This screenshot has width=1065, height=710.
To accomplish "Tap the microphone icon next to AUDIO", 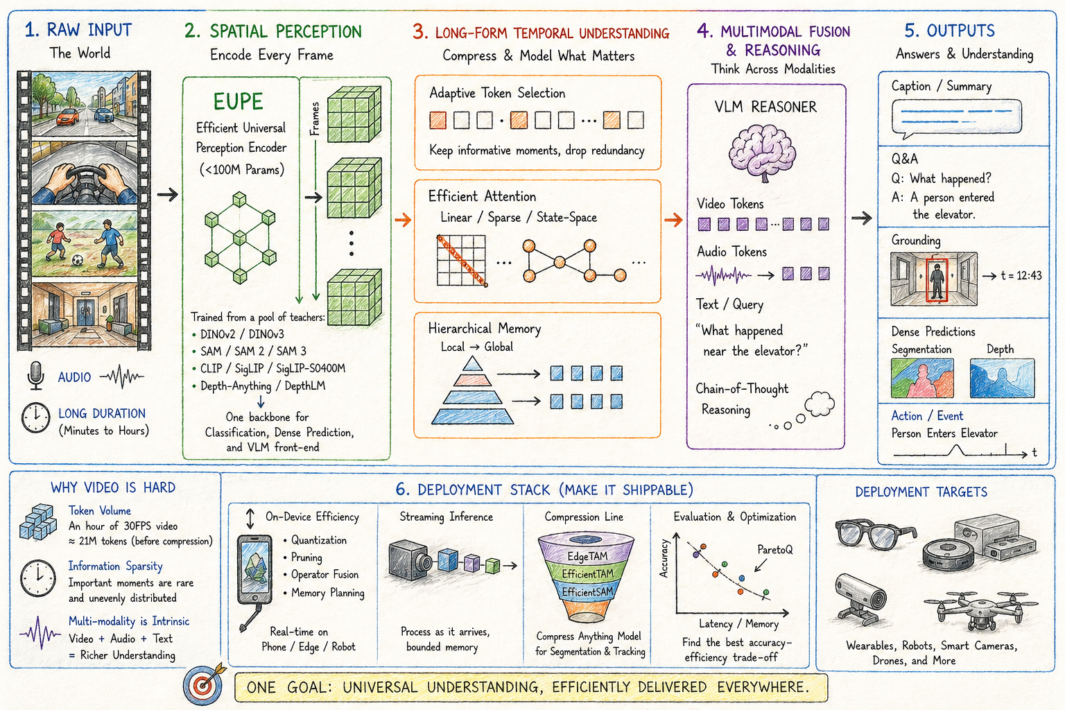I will click(35, 375).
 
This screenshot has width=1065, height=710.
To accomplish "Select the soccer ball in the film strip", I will click(78, 261).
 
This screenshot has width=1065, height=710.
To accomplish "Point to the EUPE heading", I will click(238, 102).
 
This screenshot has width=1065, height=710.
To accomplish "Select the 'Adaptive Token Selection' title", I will click(497, 93).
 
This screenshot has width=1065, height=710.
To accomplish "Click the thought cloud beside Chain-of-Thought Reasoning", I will click(819, 404).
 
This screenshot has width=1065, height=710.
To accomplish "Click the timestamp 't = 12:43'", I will click(1021, 275).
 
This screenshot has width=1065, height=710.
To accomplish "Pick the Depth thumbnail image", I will click(1002, 378).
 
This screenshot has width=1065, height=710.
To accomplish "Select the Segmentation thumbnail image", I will click(922, 378).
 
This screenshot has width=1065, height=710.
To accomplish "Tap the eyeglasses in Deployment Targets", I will click(874, 534).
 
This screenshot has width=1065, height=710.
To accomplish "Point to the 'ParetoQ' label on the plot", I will click(774, 549).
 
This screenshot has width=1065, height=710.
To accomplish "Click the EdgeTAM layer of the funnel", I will click(587, 555).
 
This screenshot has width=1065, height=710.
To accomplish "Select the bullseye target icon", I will click(203, 684).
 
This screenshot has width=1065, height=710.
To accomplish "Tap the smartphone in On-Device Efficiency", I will click(254, 569).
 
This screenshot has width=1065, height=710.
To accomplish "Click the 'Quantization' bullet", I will click(318, 540).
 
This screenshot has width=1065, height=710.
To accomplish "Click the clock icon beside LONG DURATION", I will click(36, 418).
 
